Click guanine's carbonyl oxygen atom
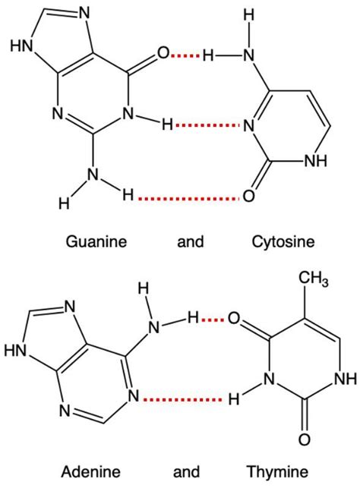tap(163, 54)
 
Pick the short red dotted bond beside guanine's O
tap(185, 55)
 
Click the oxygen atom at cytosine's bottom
tap(248, 197)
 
